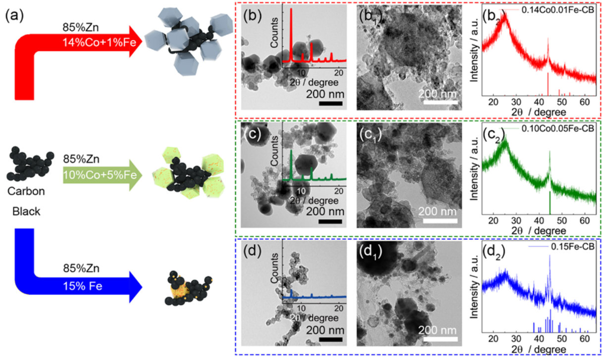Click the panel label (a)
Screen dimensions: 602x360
click(14, 15)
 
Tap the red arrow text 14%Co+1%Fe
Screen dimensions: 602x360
click(99, 43)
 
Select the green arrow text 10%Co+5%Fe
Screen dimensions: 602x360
click(100, 175)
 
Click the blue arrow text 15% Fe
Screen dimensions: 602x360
click(83, 286)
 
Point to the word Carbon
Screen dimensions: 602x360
click(26, 191)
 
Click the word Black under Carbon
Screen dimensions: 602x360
click(26, 211)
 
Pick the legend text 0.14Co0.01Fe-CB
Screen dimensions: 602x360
click(558, 10)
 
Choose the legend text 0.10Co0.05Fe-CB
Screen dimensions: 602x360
click(558, 129)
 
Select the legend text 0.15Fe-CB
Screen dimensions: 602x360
click(573, 247)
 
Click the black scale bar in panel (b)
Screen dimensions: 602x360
click(330, 103)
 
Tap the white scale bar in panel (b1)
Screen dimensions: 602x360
click(440, 102)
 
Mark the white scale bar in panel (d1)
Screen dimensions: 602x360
click(440, 339)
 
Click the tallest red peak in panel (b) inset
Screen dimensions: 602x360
click(291, 35)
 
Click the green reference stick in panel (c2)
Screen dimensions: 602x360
click(550, 203)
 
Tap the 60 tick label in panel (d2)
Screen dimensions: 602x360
click(585, 339)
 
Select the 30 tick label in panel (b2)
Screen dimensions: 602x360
click(516, 102)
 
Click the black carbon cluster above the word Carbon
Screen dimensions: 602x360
click(30, 164)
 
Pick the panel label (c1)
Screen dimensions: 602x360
click(371, 135)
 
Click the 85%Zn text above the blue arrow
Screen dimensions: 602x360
click(81, 268)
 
